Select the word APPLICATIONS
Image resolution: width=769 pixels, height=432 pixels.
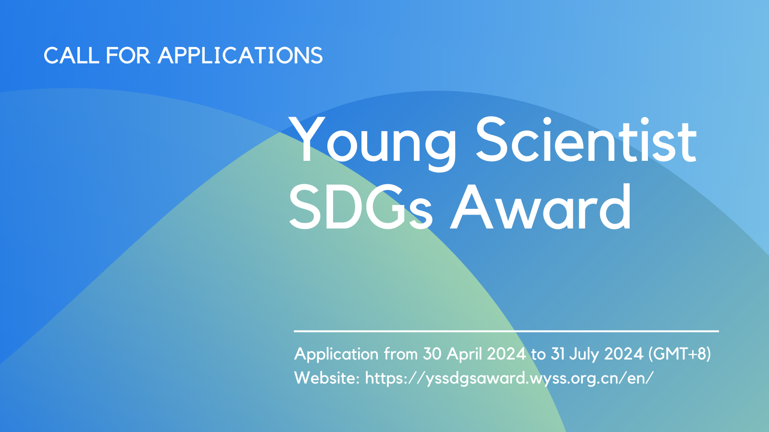[240, 55]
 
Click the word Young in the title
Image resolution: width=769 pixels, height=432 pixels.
[372, 144]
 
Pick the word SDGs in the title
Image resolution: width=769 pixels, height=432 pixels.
[360, 207]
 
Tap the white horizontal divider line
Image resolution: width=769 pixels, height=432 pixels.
[507, 331]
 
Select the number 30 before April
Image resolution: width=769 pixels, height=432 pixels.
[432, 354]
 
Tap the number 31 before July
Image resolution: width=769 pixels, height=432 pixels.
[558, 354]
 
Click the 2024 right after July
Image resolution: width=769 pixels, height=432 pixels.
[624, 354]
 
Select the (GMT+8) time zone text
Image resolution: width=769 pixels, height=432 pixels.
[680, 354]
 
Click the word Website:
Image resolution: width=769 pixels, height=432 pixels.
[327, 378]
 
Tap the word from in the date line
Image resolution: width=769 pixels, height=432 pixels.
[401, 354]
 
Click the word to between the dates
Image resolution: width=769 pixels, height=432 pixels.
[538, 355]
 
